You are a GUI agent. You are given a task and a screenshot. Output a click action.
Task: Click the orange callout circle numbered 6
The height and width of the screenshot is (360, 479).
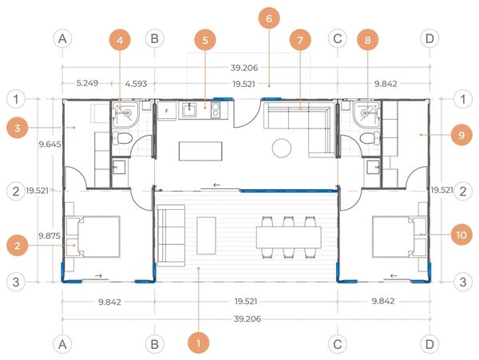269,18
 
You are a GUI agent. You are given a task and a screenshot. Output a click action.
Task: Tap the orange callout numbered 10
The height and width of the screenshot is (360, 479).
461,235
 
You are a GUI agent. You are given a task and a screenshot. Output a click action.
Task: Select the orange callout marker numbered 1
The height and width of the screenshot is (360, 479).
199,343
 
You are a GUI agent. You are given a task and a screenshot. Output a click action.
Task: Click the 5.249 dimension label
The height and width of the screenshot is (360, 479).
87,83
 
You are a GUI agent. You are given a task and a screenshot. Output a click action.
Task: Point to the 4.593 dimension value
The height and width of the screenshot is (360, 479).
137,83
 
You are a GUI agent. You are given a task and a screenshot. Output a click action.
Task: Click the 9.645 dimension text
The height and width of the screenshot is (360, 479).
49,144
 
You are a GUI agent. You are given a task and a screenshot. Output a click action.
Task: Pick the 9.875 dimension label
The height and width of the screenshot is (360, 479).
49,235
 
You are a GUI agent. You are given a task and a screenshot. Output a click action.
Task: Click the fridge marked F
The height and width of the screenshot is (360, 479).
167,111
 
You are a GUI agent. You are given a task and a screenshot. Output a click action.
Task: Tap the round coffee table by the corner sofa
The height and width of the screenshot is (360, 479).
281,148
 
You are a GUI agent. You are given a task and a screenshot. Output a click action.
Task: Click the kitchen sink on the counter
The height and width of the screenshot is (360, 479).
190,110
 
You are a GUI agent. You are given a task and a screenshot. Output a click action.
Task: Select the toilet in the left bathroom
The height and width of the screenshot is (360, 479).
122,138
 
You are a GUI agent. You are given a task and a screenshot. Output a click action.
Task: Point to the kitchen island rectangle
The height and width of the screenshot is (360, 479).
200,151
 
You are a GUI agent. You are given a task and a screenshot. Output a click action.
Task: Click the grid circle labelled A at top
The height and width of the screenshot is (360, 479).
62,39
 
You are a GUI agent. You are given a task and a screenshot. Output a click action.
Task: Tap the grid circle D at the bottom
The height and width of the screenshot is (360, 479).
430,344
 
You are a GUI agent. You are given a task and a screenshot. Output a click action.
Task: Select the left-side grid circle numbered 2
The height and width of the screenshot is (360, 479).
16,192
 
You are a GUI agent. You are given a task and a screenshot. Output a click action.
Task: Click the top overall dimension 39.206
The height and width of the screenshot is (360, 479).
244,68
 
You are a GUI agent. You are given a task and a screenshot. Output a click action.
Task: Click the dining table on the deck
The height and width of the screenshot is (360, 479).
289,237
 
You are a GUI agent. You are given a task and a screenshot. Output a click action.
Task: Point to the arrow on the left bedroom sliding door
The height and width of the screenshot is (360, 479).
98,275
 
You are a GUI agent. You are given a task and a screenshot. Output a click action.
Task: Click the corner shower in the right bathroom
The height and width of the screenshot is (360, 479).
366,112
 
